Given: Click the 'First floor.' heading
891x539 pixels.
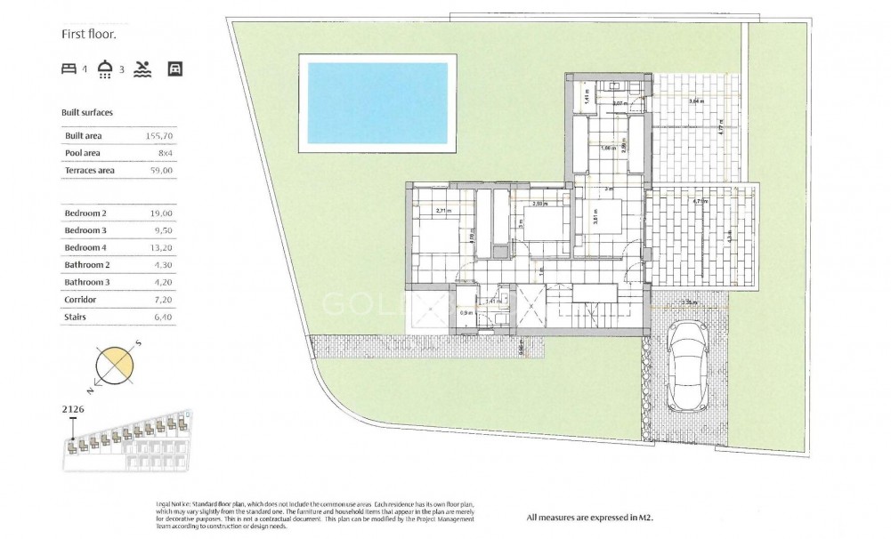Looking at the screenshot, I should (x=88, y=35).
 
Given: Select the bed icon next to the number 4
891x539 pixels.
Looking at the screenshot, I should (x=69, y=69).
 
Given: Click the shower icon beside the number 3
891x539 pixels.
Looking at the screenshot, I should (x=106, y=69).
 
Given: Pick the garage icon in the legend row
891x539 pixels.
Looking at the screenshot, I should (x=174, y=69).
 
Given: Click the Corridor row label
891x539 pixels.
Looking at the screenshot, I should (x=80, y=300).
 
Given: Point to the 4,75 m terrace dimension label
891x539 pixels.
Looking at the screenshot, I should (x=700, y=202).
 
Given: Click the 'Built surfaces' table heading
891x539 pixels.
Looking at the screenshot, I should (x=87, y=114).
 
